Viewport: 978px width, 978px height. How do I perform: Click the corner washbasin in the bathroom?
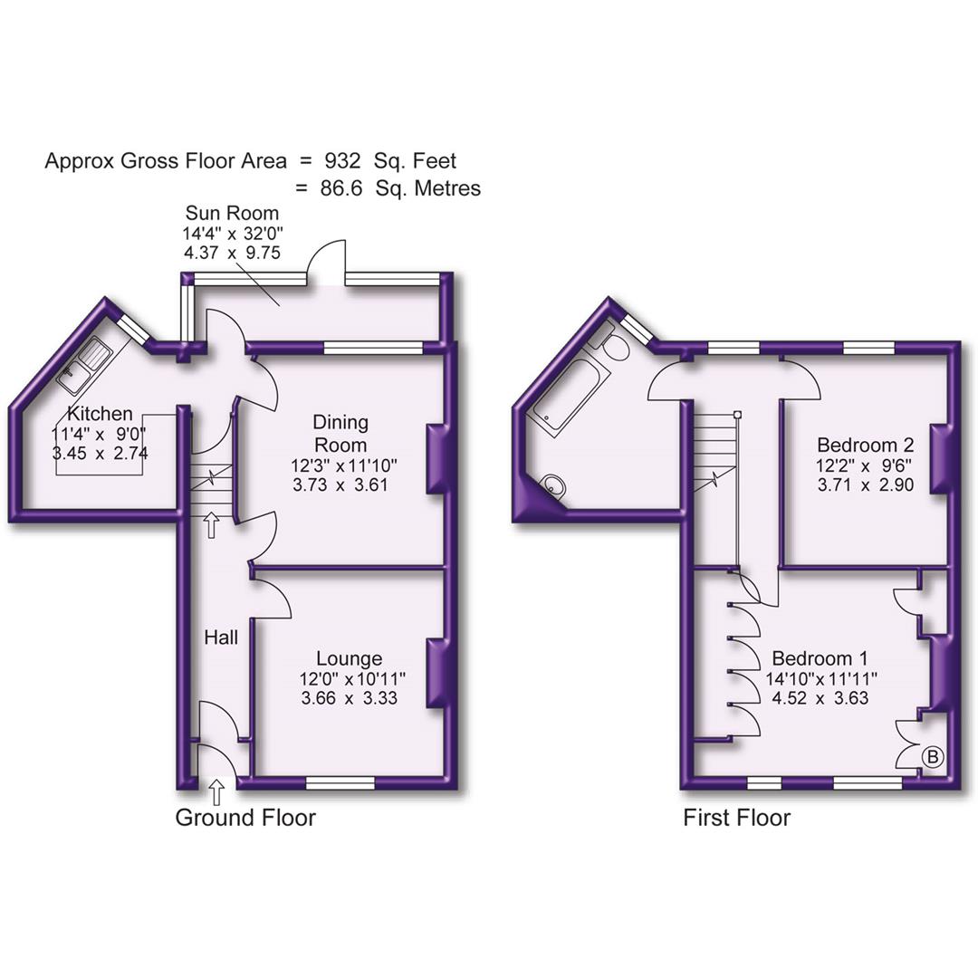click(554, 487)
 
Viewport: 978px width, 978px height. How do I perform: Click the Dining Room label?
click(340, 433)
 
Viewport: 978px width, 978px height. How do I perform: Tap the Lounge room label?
click(349, 658)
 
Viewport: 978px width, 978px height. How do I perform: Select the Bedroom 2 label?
click(865, 445)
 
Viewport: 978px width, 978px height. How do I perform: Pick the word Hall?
click(221, 638)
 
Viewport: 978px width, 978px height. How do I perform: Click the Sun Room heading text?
click(232, 214)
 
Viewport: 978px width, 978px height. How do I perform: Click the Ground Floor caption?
click(244, 818)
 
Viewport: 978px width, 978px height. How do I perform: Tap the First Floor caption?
click(736, 818)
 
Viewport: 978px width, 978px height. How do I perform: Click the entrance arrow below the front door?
click(217, 794)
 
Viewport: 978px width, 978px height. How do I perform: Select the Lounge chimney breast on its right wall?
click(437, 672)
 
